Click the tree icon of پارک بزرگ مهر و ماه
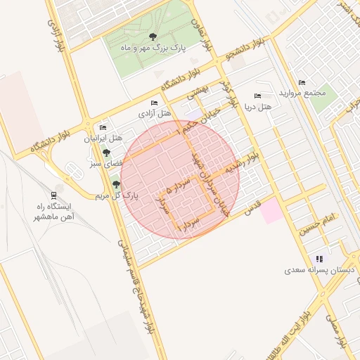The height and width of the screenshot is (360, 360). tap(153, 37)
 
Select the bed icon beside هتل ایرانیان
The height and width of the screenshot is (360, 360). tap(103, 127)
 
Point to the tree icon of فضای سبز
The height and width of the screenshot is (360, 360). tap(106, 153)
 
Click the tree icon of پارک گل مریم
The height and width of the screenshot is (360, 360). tap(116, 184)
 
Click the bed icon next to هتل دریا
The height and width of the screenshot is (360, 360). tap(257, 96)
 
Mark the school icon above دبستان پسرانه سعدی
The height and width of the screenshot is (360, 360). tap(320, 259)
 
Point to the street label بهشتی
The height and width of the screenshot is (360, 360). tap(198, 91)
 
